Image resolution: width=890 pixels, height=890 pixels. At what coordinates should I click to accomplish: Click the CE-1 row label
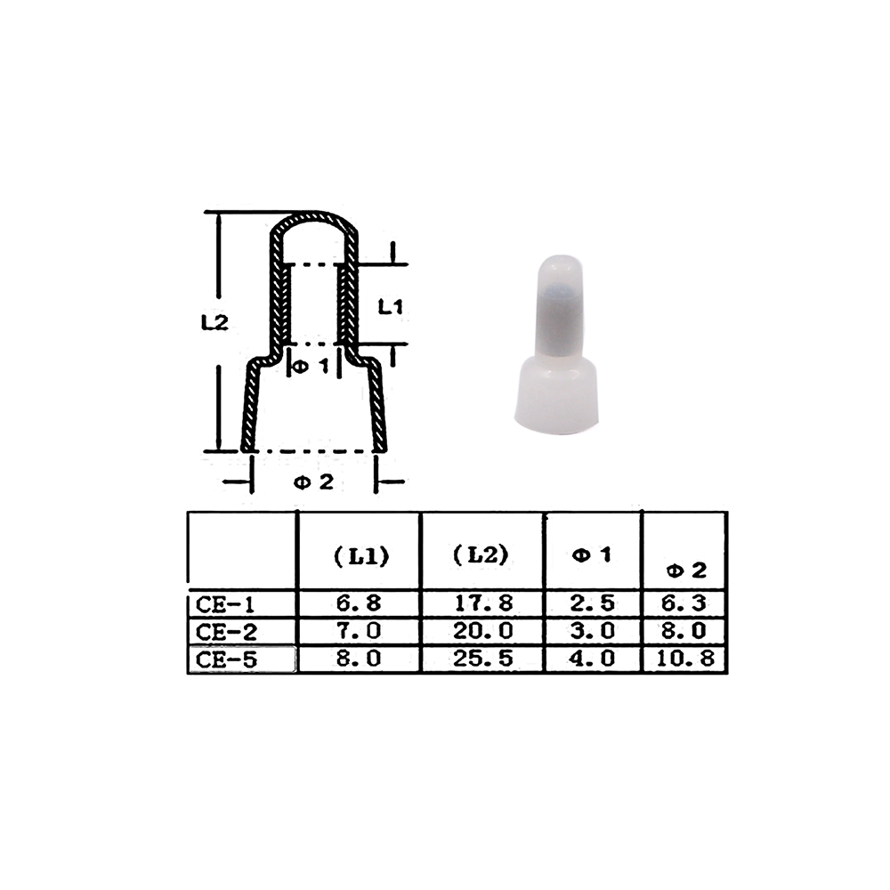tap(225, 604)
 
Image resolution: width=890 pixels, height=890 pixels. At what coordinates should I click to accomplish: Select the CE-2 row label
tap(226, 632)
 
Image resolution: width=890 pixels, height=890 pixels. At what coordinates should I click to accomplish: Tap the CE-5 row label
tap(226, 659)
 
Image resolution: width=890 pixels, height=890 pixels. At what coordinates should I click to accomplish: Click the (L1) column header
tap(361, 557)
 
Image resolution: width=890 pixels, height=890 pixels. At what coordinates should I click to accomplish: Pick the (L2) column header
tap(481, 554)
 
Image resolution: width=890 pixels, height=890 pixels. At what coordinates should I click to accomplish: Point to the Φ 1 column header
tap(593, 554)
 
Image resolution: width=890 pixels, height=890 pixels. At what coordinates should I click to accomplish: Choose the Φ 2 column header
tap(687, 570)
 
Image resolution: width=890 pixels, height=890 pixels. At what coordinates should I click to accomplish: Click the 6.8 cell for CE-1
tap(359, 603)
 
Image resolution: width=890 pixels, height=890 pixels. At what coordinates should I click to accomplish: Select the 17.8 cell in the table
tap(483, 603)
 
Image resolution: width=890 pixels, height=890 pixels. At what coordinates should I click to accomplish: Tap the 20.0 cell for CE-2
tap(483, 631)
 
